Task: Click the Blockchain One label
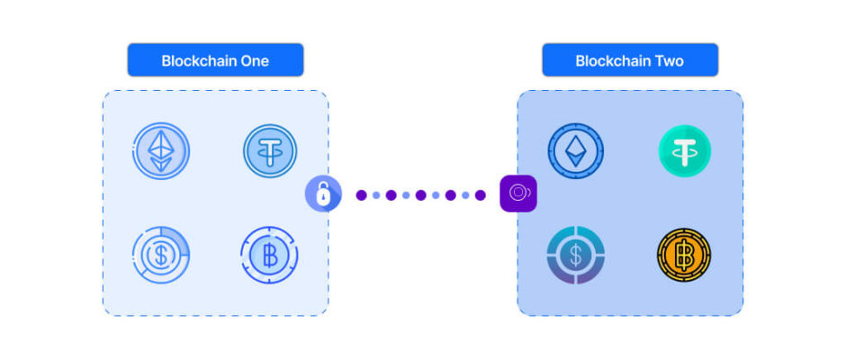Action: [x=215, y=61]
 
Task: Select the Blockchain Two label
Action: [x=629, y=61]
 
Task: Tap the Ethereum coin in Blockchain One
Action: [x=162, y=150]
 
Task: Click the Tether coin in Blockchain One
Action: [x=270, y=150]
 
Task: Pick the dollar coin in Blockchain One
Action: [x=161, y=255]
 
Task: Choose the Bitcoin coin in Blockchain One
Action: [x=269, y=255]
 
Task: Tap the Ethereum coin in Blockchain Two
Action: [x=575, y=150]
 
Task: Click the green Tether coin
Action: [x=684, y=150]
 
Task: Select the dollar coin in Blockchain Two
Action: [x=575, y=255]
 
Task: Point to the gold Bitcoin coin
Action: [x=684, y=255]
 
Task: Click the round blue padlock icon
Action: [x=322, y=193]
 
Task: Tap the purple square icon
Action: [x=518, y=193]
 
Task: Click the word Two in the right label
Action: [x=669, y=61]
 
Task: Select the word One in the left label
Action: [x=254, y=61]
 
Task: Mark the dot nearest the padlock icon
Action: [x=361, y=194]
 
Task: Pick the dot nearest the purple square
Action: [x=480, y=194]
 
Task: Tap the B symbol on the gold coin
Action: [x=684, y=255]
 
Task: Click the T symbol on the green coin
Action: [x=684, y=150]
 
